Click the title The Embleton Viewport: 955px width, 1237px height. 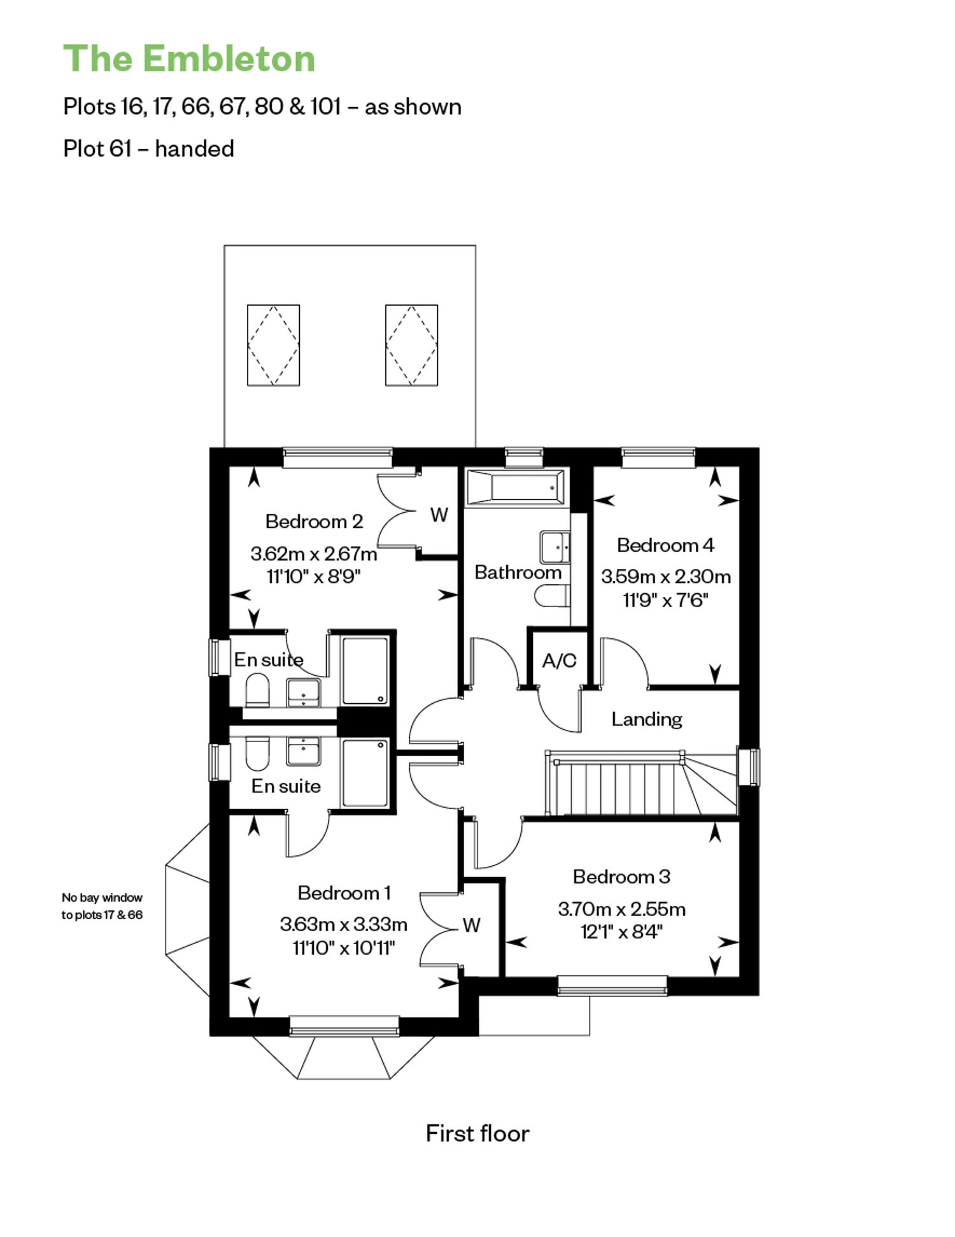(x=189, y=59)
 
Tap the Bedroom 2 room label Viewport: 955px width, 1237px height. (x=314, y=521)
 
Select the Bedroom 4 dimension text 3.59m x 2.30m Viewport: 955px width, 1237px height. (x=666, y=576)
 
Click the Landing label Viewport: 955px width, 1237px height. (x=647, y=719)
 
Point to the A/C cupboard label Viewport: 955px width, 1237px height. (x=559, y=661)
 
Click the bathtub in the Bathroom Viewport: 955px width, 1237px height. (x=515, y=487)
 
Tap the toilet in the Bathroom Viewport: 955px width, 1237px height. (x=551, y=597)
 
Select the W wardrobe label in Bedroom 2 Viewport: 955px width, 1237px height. (x=439, y=515)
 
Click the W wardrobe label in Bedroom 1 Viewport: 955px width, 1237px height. (x=471, y=925)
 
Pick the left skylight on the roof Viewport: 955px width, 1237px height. (x=273, y=345)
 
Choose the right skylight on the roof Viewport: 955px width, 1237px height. (x=411, y=345)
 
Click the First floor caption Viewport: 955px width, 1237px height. (x=478, y=1133)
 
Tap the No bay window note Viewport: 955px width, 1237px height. (x=102, y=906)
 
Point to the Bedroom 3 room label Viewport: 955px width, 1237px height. (x=621, y=876)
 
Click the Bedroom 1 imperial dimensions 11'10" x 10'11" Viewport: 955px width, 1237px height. (x=344, y=948)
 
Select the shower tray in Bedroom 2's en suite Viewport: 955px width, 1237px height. (x=365, y=670)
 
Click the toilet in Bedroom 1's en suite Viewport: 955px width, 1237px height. (x=257, y=754)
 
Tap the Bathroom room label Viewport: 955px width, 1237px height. (x=518, y=572)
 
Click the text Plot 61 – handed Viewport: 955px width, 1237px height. (x=148, y=148)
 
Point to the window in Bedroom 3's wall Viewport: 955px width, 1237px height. (x=612, y=985)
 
